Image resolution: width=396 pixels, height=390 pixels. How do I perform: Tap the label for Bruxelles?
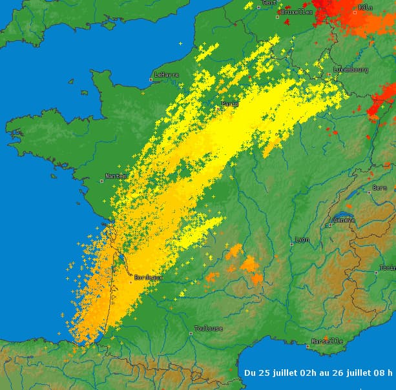pos(297,12)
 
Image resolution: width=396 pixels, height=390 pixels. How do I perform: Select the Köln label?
pos(366,7)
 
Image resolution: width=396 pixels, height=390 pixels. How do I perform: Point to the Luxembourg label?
pos(351,69)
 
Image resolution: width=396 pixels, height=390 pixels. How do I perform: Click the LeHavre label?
pos(167,75)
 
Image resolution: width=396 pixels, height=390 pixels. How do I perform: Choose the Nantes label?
pos(115,176)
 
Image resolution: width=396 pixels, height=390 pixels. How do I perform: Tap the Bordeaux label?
pos(147,278)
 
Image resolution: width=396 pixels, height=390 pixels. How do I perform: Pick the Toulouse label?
pos(209,329)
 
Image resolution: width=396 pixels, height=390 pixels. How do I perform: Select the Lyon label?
pos(302,240)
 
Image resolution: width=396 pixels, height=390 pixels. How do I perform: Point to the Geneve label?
pos(345,220)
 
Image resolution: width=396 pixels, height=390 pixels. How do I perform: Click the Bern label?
pos(380,188)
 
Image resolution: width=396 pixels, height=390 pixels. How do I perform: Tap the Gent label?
pos(269,3)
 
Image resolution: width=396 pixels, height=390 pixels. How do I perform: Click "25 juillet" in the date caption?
pos(276,373)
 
